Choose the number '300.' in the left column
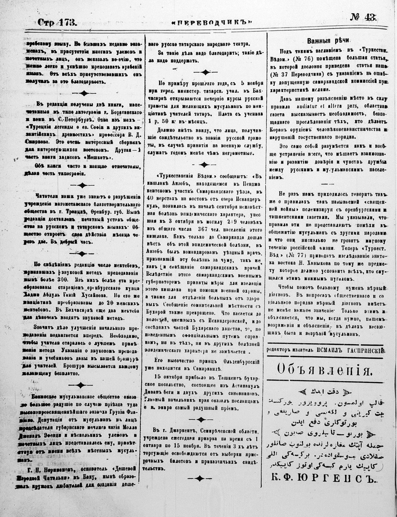click(61, 280)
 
